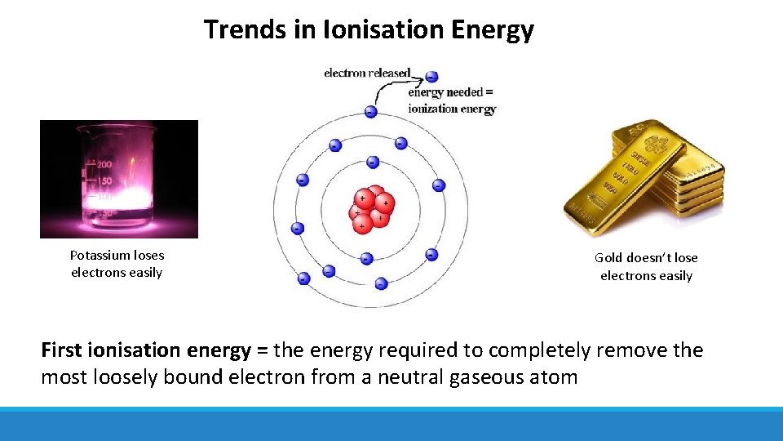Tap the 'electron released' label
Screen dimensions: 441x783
click(367, 73)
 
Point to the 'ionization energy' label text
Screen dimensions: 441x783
click(452, 109)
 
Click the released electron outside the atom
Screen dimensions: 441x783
click(431, 77)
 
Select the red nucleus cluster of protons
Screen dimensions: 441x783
click(371, 209)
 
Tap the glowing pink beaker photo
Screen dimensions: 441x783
click(119, 179)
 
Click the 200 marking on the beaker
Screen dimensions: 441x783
click(104, 165)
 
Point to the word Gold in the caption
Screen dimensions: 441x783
click(608, 258)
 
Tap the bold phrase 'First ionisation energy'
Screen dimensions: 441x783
click(145, 351)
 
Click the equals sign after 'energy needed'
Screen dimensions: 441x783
click(489, 92)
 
